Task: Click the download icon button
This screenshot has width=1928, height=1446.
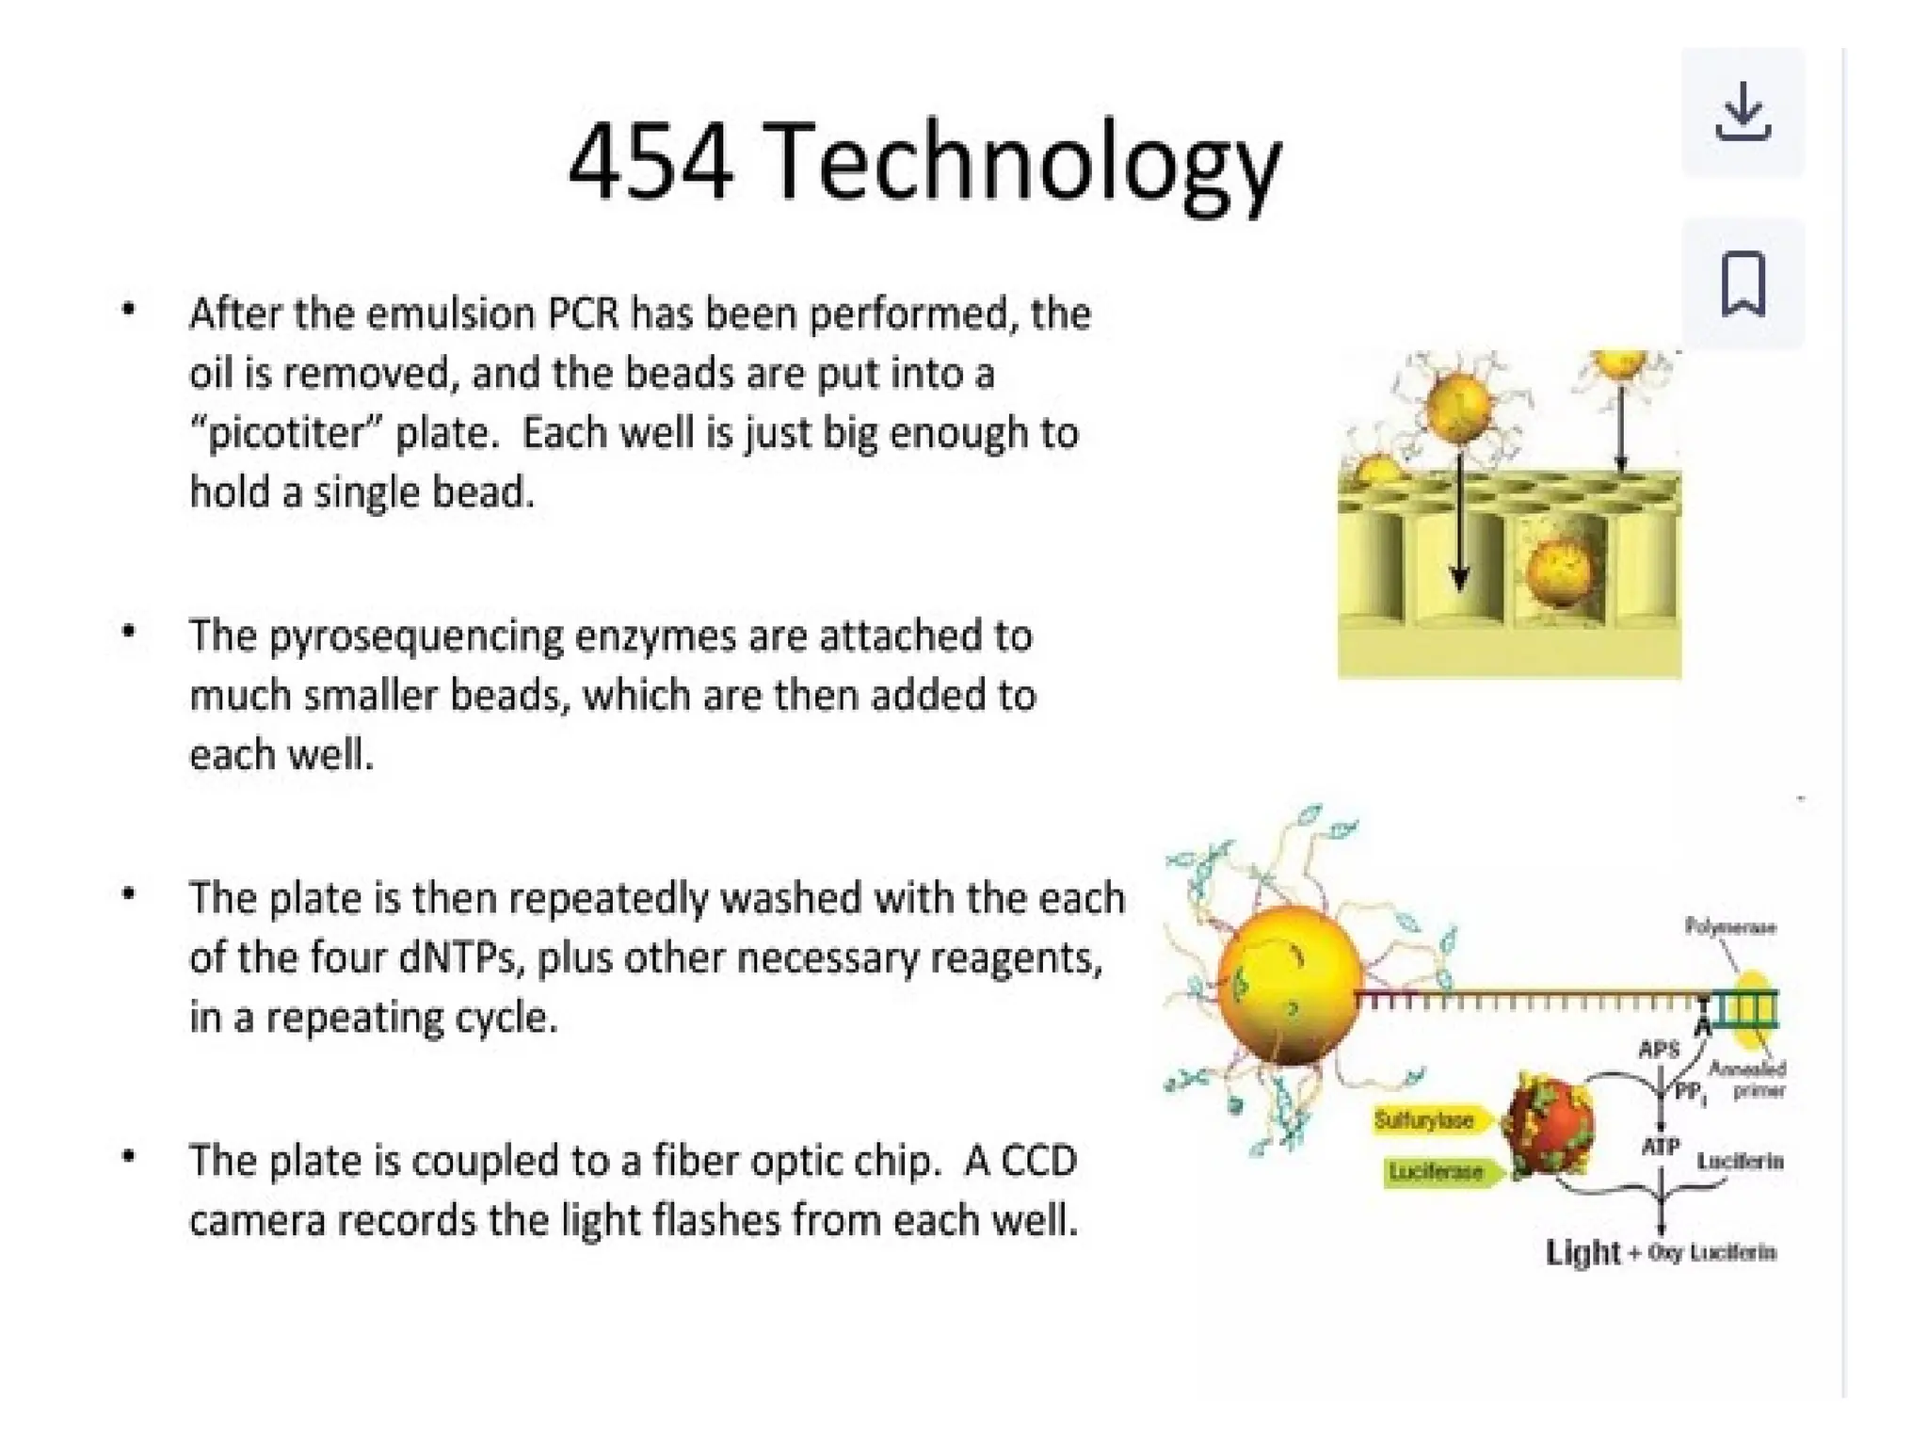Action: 1743,112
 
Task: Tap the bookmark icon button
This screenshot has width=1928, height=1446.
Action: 1743,283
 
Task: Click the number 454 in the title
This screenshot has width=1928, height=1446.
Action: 651,162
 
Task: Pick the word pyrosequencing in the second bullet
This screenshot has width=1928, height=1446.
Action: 414,637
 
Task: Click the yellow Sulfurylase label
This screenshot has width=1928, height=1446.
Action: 1424,1120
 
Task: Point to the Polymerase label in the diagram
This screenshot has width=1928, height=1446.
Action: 1730,927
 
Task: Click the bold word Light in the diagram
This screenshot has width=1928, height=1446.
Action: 1583,1252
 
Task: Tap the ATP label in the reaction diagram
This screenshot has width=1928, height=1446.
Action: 1660,1147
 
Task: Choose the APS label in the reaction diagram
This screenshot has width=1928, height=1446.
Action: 1659,1049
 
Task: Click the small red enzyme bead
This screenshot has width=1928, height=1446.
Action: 1547,1126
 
